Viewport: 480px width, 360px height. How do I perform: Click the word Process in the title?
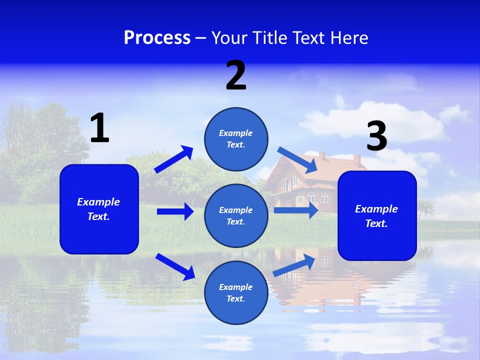(x=157, y=37)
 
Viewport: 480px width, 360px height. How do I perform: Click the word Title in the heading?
(x=269, y=37)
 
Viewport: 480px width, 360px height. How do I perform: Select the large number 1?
(x=99, y=128)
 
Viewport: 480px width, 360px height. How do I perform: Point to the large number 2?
(x=236, y=75)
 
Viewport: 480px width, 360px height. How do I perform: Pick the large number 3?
(x=377, y=136)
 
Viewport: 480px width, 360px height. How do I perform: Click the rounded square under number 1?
(x=99, y=209)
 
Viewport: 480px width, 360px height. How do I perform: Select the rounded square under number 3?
(x=377, y=216)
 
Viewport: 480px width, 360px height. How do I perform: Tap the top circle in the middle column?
(x=236, y=139)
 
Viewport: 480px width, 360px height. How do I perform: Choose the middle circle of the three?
(x=236, y=216)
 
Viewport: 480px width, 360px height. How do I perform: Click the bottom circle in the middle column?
(x=236, y=293)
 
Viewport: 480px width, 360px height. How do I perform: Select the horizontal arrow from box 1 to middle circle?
(x=175, y=211)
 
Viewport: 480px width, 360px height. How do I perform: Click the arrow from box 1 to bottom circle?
(x=175, y=266)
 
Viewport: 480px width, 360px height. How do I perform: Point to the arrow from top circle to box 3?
(x=297, y=158)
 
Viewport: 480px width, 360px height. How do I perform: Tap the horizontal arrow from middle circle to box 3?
(x=296, y=210)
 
